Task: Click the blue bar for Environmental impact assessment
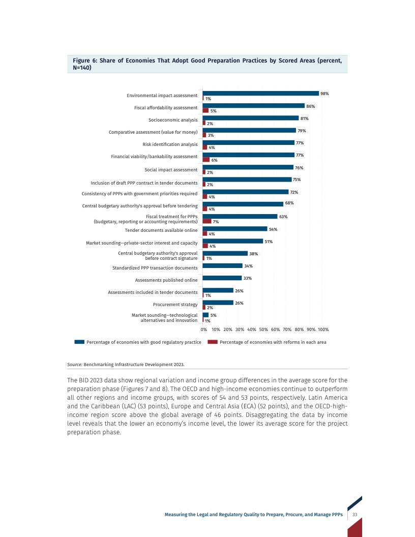pyautogui.click(x=260, y=94)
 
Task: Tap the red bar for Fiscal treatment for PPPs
pyautogui.click(x=207, y=221)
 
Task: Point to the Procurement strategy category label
pyautogui.click(x=175, y=305)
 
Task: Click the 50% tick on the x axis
pyautogui.click(x=264, y=330)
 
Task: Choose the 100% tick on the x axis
pyautogui.click(x=323, y=330)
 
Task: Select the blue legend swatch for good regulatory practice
pyautogui.click(x=79, y=342)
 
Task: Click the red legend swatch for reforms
pyautogui.click(x=213, y=342)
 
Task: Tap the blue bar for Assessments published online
pyautogui.click(x=222, y=278)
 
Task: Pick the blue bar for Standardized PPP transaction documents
pyautogui.click(x=223, y=265)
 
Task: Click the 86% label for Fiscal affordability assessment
pyautogui.click(x=311, y=106)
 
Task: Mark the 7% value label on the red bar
pyautogui.click(x=216, y=222)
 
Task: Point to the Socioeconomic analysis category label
pyautogui.click(x=173, y=120)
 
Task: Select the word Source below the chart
pyautogui.click(x=74, y=365)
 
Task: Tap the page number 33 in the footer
pyautogui.click(x=354, y=515)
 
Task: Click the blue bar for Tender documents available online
pyautogui.click(x=235, y=229)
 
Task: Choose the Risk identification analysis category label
pyautogui.click(x=170, y=144)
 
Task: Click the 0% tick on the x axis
pyautogui.click(x=203, y=330)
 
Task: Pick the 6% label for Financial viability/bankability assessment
pyautogui.click(x=215, y=160)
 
